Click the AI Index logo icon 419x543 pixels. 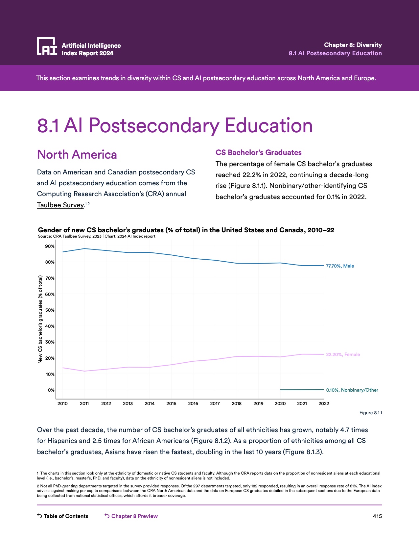click(47, 46)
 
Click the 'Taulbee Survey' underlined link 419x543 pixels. click(60, 205)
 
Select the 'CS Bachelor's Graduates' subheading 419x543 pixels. click(258, 152)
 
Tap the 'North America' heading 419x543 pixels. click(77, 155)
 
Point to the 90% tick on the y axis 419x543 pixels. click(50, 246)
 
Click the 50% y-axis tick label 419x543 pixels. click(50, 310)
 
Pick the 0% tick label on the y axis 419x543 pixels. click(51, 390)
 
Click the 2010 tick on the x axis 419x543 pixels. click(62, 404)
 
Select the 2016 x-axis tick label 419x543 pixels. click(193, 404)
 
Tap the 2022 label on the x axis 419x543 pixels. click(324, 404)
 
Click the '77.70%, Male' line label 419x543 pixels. click(340, 266)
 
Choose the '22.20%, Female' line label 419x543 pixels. click(343, 354)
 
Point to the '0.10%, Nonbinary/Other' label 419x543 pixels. click(352, 390)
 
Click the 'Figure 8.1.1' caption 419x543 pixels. click(370, 413)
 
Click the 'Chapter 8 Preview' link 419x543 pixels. click(134, 516)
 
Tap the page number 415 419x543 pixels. click(377, 516)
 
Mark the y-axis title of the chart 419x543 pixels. click(40, 319)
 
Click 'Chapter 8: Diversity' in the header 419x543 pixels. click(353, 45)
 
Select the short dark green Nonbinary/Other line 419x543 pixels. click(302, 390)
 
